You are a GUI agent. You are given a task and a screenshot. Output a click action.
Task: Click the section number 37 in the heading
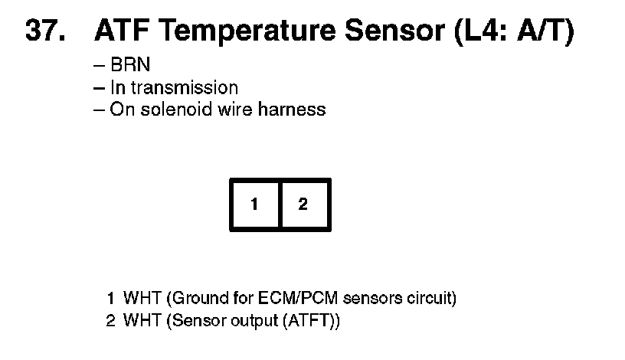point(44,31)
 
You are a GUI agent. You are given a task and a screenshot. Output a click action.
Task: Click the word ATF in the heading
point(123,31)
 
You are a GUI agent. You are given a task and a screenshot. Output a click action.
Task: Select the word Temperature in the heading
point(238,31)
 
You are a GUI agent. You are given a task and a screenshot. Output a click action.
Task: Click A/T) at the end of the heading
point(545,31)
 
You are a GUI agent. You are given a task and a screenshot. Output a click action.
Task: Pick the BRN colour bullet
point(130,66)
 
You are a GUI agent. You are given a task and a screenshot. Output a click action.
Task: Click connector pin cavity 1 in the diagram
point(255,205)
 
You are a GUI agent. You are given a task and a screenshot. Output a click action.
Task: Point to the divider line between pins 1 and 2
point(280,205)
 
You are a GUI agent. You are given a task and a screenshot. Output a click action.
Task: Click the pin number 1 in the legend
point(111,298)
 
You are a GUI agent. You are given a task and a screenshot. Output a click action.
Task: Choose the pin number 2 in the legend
point(111,319)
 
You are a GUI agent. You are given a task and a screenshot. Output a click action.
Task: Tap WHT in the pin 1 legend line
point(138,298)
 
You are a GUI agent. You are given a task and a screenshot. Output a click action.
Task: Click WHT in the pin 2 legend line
point(138,319)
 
